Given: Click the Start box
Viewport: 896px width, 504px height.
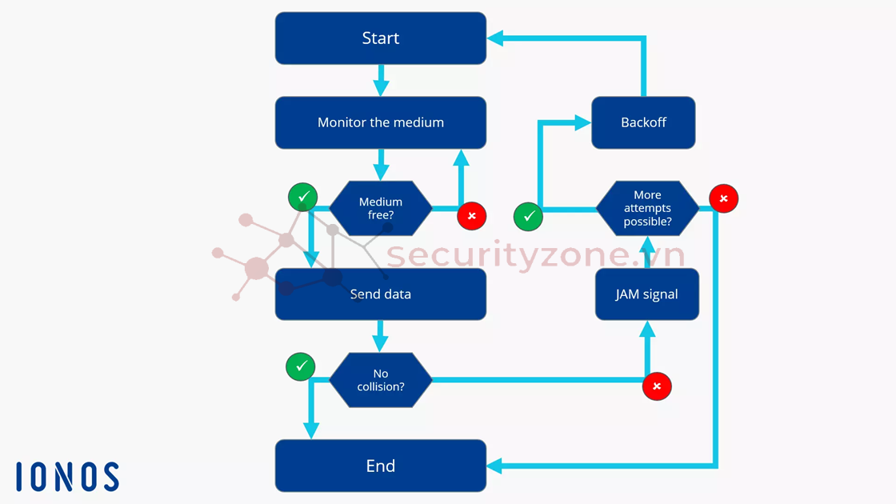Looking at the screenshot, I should (x=381, y=38).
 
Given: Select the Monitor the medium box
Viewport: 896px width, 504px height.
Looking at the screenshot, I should (x=381, y=122).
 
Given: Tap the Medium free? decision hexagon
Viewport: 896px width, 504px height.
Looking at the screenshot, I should (x=381, y=208).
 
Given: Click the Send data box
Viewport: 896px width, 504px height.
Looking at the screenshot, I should (x=381, y=294).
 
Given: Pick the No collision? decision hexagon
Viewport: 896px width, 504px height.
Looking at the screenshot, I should (x=381, y=380).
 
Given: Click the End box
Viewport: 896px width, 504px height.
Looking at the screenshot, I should (x=381, y=466).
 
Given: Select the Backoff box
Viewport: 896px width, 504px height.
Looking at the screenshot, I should (x=643, y=122).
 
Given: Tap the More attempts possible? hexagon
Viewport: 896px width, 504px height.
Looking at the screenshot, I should (x=647, y=208).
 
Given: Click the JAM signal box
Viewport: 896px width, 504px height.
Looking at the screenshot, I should (x=647, y=294).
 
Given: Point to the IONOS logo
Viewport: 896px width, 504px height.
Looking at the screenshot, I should (x=67, y=477).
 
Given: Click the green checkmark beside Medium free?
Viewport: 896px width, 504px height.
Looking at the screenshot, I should (x=303, y=196).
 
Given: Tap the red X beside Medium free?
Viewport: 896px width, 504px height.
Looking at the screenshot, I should (x=472, y=216).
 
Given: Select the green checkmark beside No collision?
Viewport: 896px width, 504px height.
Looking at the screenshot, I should (x=301, y=366).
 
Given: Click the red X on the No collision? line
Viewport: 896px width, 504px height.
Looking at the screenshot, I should (x=657, y=386).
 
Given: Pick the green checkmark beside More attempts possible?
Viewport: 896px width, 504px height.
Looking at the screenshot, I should (x=528, y=216).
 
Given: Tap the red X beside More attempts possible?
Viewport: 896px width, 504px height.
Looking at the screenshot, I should (x=724, y=198).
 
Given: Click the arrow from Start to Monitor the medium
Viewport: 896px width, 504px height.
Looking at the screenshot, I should (x=381, y=81).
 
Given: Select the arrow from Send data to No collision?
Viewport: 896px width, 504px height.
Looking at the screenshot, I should (x=381, y=336).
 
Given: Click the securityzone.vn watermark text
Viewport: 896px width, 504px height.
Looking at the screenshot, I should (x=536, y=255).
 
